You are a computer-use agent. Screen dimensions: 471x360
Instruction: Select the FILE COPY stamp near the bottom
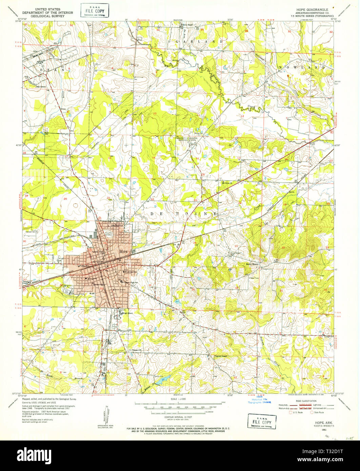tap(261, 421)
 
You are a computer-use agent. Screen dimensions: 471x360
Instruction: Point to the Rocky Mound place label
tap(253, 264)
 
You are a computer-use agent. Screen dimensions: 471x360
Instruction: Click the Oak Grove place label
tap(43, 86)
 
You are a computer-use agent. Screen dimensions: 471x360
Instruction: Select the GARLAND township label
tap(199, 41)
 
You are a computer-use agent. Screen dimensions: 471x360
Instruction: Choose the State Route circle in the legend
tap(313, 412)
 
